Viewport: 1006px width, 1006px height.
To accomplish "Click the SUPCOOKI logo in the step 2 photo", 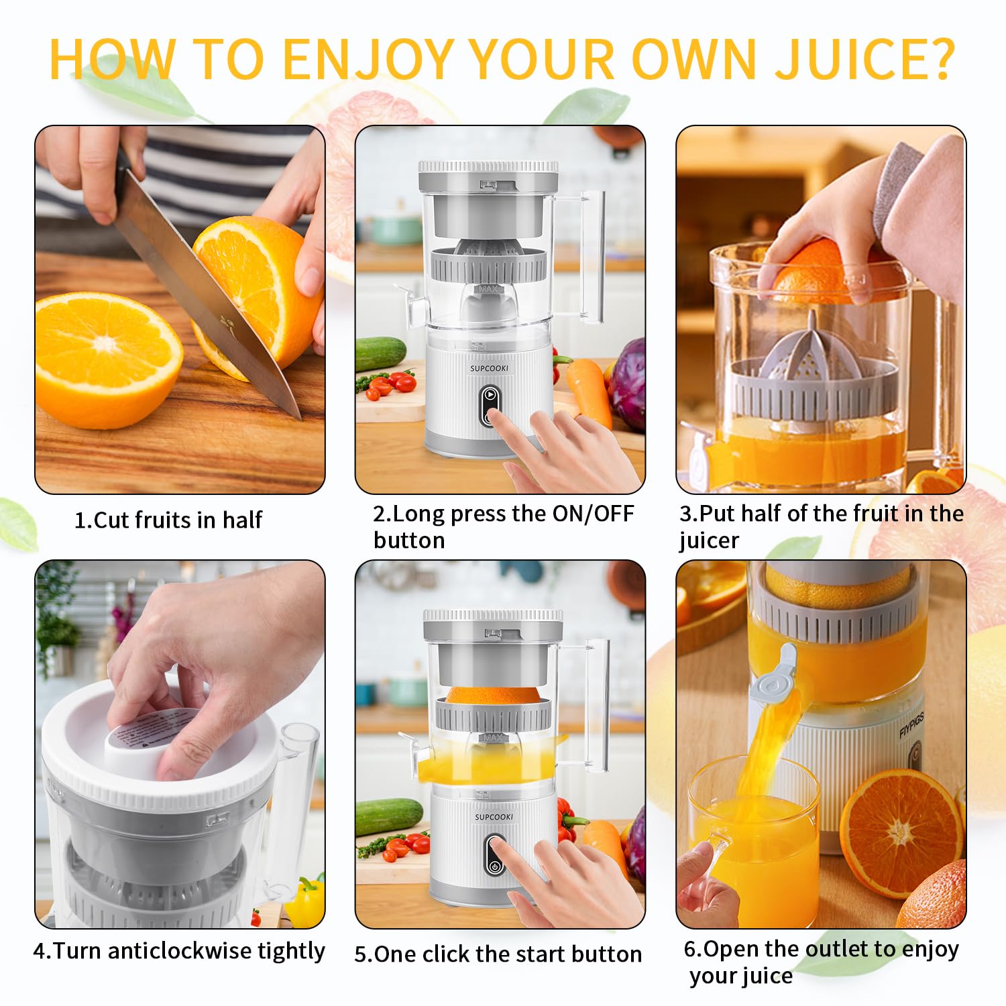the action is click(489, 368).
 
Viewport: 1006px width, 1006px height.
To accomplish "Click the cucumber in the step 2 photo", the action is click(381, 353).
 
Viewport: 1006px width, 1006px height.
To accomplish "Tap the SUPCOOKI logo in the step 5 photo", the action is click(494, 817).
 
